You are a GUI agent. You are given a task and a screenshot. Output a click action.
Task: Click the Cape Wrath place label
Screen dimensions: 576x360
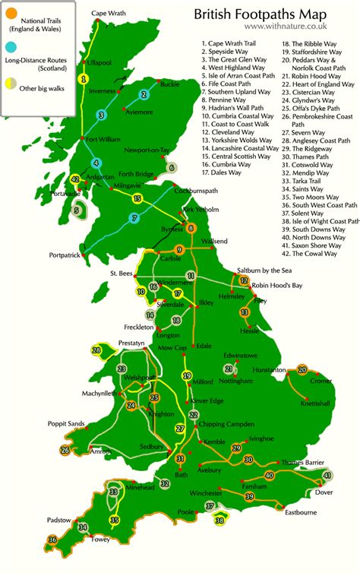click(109, 13)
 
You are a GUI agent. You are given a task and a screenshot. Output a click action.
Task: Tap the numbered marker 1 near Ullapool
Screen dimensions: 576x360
click(84, 78)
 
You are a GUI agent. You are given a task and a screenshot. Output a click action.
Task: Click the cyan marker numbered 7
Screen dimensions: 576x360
click(134, 218)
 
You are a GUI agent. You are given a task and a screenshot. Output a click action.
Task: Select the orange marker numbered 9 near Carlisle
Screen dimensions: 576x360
click(179, 250)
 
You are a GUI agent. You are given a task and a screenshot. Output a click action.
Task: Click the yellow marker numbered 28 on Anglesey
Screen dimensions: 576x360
click(96, 351)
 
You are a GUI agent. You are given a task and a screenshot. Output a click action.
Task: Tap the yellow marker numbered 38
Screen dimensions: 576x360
click(220, 521)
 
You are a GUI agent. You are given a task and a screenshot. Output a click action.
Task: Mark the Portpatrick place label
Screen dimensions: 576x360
click(64, 255)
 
